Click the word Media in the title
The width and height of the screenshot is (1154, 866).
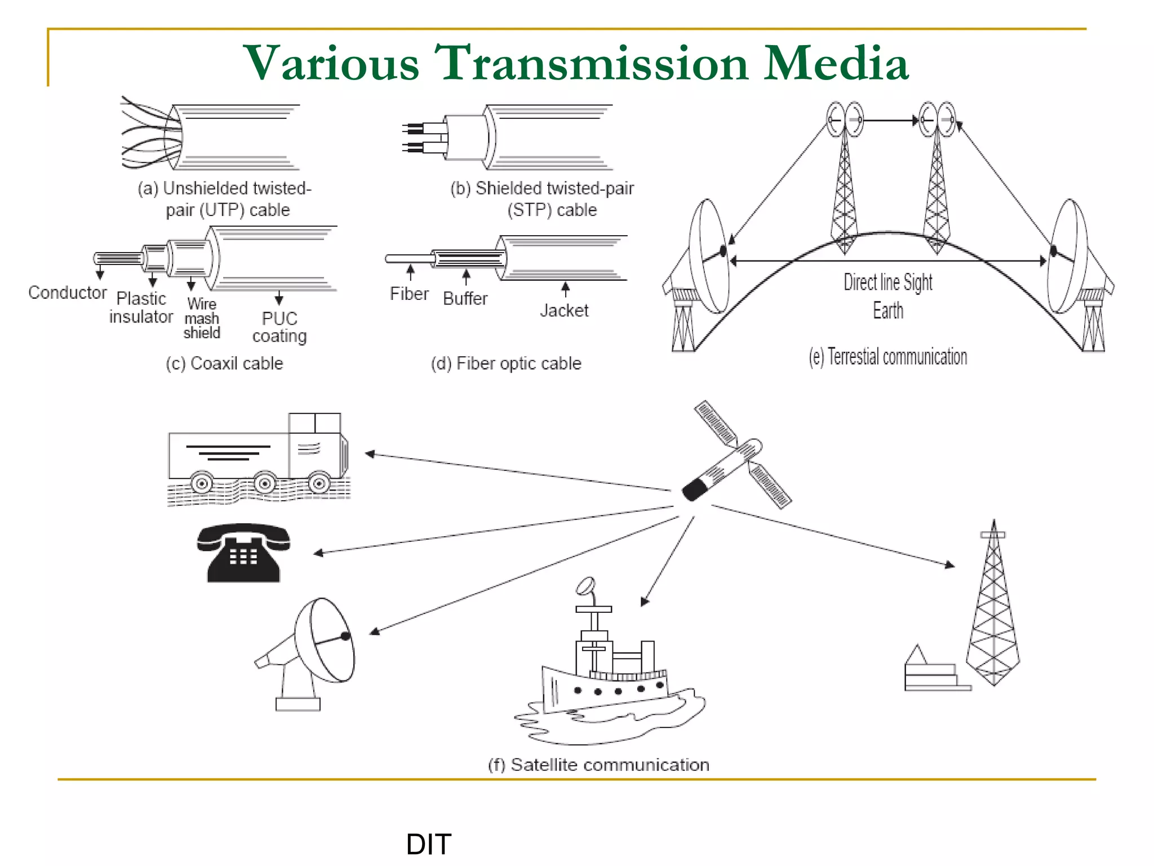pyautogui.click(x=836, y=63)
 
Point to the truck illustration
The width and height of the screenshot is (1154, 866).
pyautogui.click(x=259, y=456)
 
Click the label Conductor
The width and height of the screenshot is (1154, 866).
pyautogui.click(x=67, y=293)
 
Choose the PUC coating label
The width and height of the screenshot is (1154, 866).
pyautogui.click(x=279, y=327)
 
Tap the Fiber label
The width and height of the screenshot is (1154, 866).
pyautogui.click(x=409, y=294)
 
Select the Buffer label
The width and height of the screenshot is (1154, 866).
pyautogui.click(x=465, y=298)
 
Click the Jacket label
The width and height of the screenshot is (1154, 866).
pyautogui.click(x=564, y=310)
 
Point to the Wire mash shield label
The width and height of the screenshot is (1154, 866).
pyautogui.click(x=202, y=319)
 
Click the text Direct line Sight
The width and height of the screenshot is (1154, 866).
pyautogui.click(x=887, y=282)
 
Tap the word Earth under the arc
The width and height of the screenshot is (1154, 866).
pyautogui.click(x=888, y=311)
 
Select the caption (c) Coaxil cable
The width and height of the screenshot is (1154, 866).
pyautogui.click(x=224, y=363)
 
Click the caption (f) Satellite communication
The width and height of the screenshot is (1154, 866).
pyautogui.click(x=598, y=765)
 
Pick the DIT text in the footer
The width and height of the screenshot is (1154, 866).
pyautogui.click(x=429, y=844)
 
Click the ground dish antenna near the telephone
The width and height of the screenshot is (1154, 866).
pyautogui.click(x=316, y=648)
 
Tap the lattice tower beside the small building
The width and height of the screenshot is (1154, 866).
pyautogui.click(x=993, y=609)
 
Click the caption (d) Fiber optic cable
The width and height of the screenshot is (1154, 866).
pyautogui.click(x=506, y=363)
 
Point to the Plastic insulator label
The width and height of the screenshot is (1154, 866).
pyautogui.click(x=141, y=307)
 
